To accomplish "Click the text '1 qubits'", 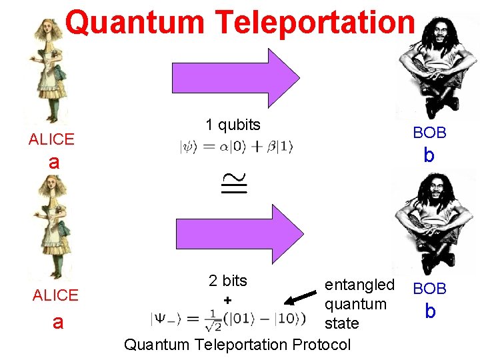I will (233, 125).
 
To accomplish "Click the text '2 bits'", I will (227, 281).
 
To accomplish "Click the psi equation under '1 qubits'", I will (236, 147).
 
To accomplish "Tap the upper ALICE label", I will (51, 139).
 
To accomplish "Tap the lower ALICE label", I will (55, 295).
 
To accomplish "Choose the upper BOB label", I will (429, 133).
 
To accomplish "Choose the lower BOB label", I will (429, 289).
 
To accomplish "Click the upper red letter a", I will (54, 162).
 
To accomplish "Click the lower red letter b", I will (430, 311).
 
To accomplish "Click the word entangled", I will (359, 285).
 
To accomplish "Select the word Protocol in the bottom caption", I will (317, 345).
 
